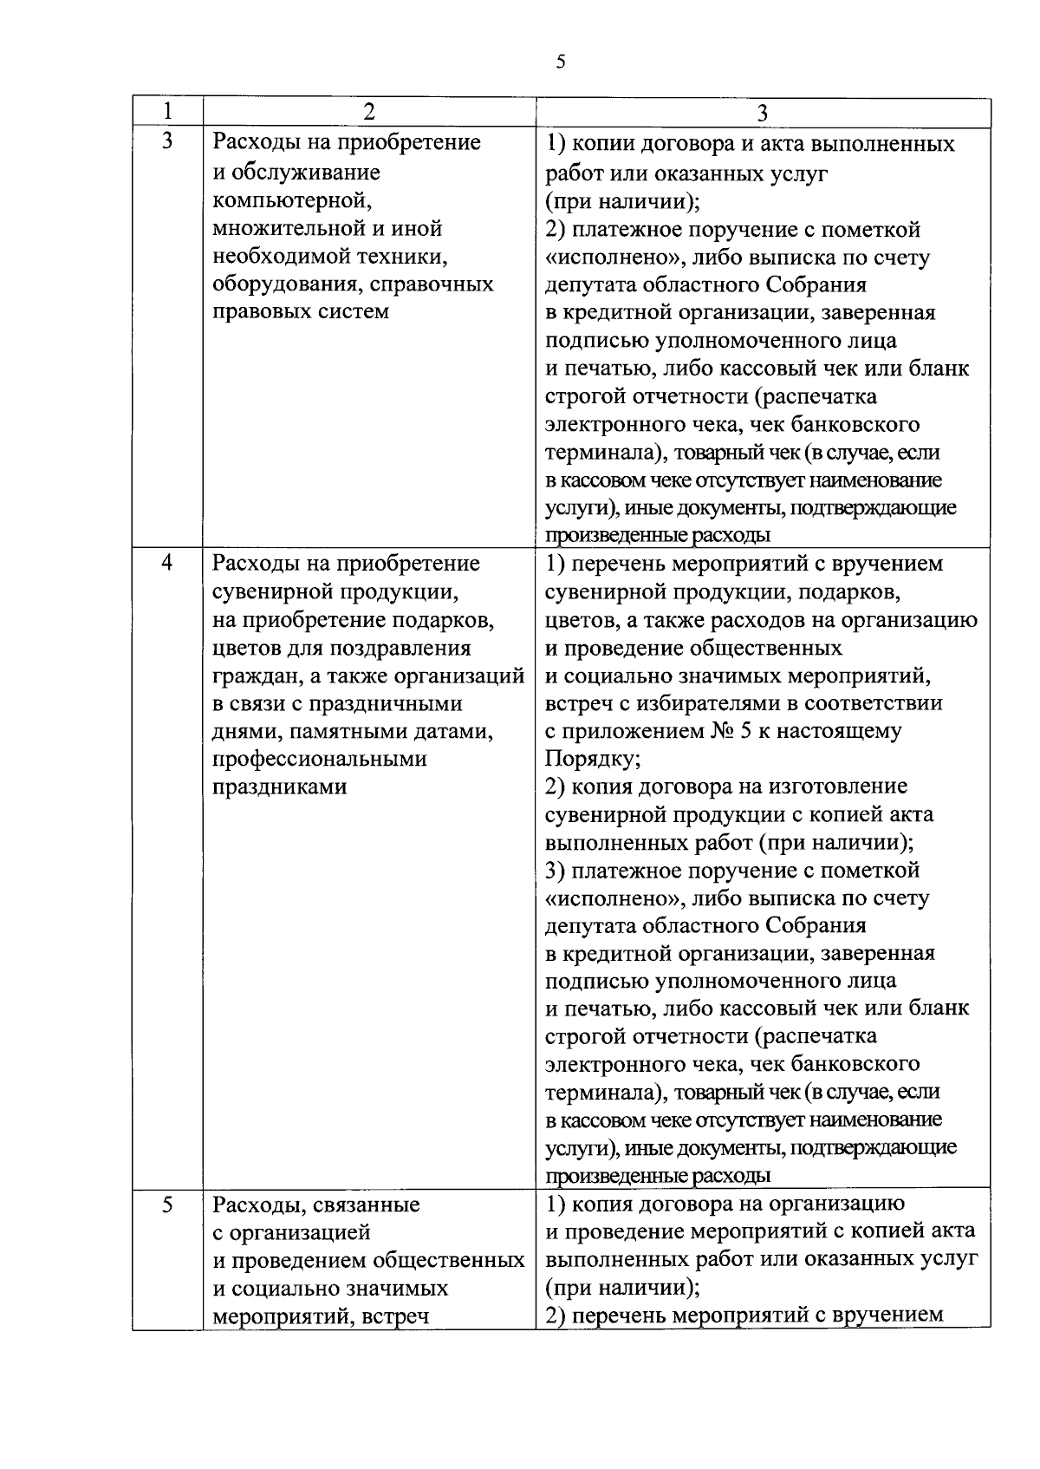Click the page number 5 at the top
[560, 62]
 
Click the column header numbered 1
[167, 112]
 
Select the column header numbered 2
[369, 112]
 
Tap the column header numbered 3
[763, 114]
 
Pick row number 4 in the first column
[167, 564]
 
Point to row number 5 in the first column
[167, 1205]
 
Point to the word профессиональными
[320, 759]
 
